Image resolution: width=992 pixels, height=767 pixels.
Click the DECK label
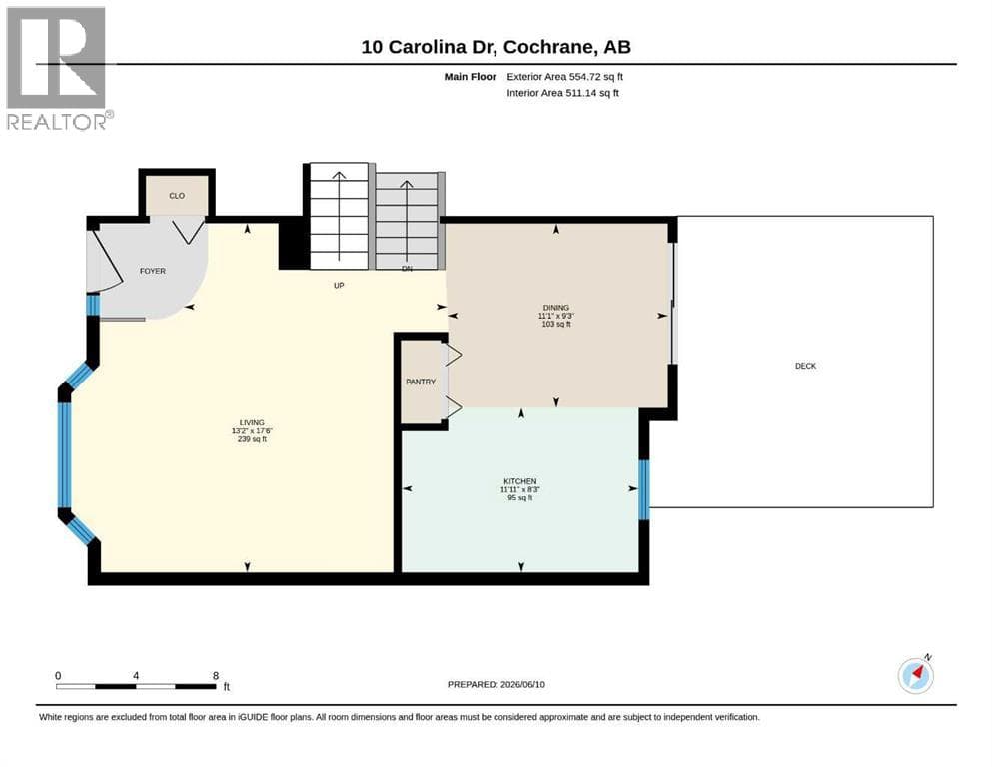[805, 366]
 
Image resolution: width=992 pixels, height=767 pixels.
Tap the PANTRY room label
[421, 382]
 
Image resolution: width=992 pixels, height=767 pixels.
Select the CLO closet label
[177, 196]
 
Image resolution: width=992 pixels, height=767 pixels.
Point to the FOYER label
[153, 271]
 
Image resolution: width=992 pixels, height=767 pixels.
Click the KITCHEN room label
[520, 481]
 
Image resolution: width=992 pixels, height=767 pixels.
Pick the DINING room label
[556, 308]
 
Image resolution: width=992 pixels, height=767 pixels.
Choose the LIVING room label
[252, 423]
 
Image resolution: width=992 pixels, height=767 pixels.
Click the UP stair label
[339, 286]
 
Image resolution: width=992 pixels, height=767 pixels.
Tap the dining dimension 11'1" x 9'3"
[556, 316]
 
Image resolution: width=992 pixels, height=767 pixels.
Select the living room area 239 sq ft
[252, 439]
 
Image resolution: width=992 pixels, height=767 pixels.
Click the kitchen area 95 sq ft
[520, 497]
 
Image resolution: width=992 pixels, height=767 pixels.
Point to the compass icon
[915, 675]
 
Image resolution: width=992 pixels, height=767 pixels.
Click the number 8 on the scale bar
[216, 676]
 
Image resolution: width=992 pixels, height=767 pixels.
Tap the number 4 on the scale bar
[136, 676]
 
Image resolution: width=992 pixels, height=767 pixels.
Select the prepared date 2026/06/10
[522, 684]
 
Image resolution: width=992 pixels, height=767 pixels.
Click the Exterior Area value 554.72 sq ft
[596, 77]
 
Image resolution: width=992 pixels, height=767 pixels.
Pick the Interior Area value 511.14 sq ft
[592, 93]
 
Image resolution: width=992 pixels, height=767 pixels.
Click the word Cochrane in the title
[548, 47]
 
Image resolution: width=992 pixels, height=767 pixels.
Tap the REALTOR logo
[58, 68]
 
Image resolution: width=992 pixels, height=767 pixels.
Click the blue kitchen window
[644, 490]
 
